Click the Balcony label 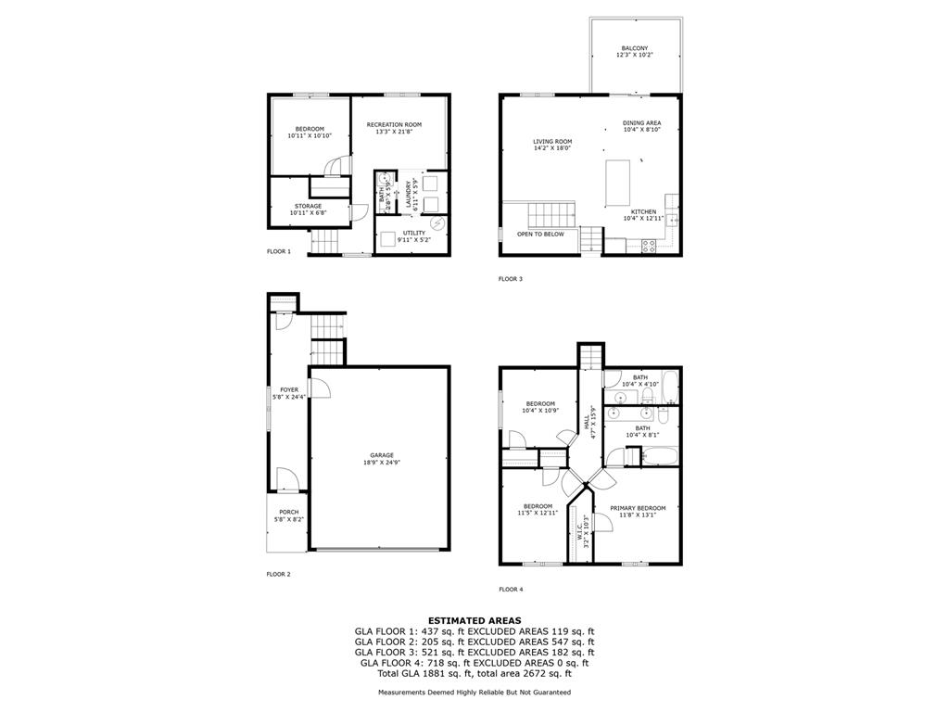[x=635, y=52]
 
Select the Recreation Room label [x=394, y=128]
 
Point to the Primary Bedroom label [x=638, y=512]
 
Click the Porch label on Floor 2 [x=285, y=515]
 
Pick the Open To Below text [x=540, y=235]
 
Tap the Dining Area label [x=641, y=126]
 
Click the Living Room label [x=551, y=145]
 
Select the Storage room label [x=309, y=210]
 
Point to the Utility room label [x=414, y=235]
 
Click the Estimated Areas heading [x=474, y=620]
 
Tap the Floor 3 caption [x=511, y=279]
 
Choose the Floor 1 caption [x=279, y=252]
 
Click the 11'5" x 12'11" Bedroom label [x=538, y=509]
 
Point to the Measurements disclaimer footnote [x=474, y=693]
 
